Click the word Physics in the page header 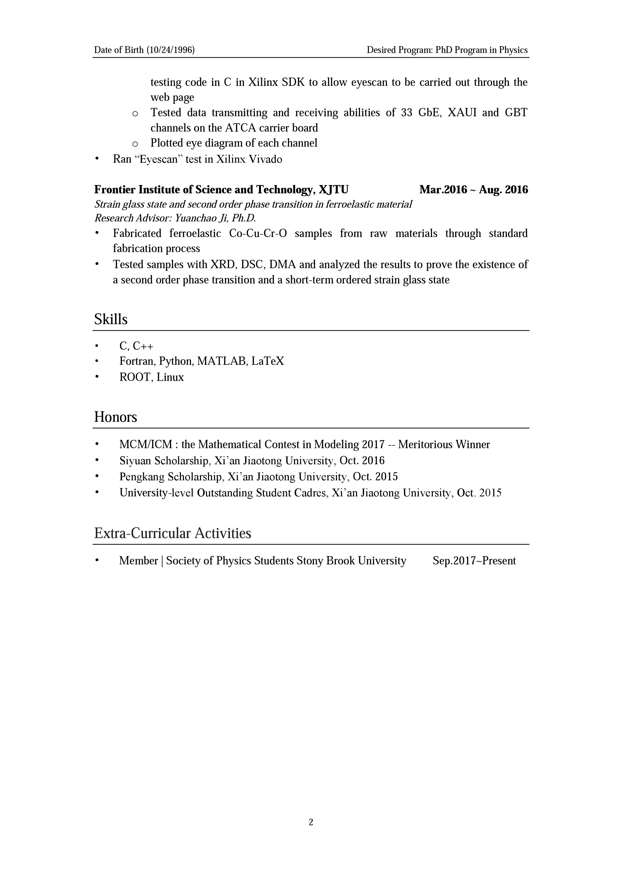click(513, 50)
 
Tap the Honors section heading click(115, 417)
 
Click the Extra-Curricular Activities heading click(173, 533)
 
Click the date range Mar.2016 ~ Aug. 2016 click(474, 190)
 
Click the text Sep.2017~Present click(474, 561)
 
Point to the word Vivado click(265, 159)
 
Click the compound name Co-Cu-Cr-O click(258, 233)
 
